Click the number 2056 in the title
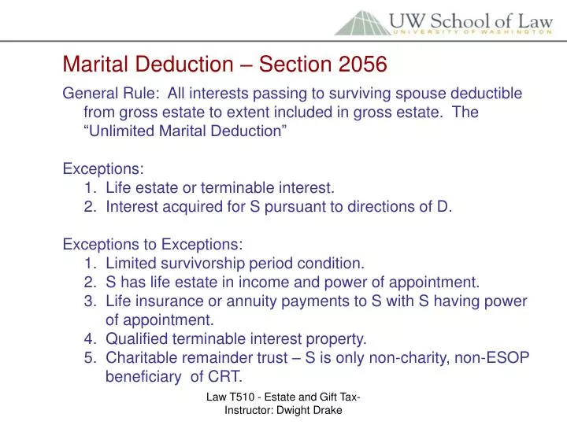(365, 61)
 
